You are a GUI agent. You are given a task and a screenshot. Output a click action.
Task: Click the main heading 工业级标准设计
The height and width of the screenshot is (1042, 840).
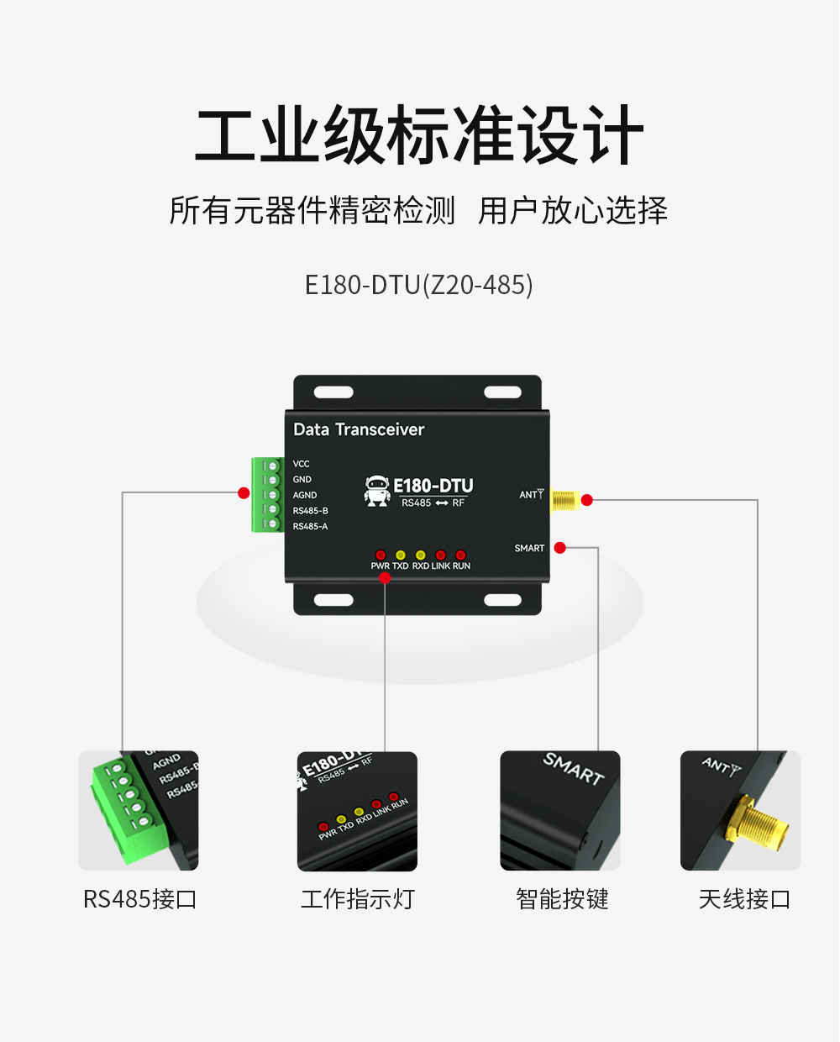(419, 136)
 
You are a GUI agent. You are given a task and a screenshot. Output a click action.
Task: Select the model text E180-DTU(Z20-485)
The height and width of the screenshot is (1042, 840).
(418, 285)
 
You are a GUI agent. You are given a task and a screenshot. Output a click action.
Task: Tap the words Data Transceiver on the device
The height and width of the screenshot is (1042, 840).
(359, 429)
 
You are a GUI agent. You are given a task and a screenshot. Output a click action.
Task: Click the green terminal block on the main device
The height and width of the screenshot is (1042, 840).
(267, 495)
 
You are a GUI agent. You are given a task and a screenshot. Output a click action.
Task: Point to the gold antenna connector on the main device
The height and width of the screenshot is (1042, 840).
(564, 501)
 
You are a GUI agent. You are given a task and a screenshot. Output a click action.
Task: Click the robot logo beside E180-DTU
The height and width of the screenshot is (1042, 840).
(377, 491)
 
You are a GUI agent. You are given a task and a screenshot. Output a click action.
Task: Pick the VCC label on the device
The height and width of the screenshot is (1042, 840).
(301, 464)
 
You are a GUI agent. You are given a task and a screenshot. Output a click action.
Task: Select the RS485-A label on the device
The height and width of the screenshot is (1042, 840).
(310, 527)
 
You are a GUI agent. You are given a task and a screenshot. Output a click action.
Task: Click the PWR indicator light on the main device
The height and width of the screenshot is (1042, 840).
(380, 555)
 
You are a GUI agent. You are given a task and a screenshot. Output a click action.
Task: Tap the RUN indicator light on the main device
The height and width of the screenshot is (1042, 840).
(460, 555)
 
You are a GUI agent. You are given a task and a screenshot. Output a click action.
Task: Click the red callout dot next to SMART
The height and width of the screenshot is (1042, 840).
(560, 548)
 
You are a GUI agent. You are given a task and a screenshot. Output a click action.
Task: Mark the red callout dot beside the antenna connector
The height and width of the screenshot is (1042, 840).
(587, 500)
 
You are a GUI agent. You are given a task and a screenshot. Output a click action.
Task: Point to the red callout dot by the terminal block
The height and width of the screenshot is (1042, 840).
(244, 493)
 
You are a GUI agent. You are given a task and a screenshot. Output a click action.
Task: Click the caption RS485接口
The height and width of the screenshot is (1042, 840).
(139, 899)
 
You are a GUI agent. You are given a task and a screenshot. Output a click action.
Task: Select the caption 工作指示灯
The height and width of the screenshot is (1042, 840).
(358, 899)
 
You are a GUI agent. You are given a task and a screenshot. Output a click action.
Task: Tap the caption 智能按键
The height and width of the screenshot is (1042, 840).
(562, 899)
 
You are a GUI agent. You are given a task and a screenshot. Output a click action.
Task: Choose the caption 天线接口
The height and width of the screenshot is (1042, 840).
(744, 899)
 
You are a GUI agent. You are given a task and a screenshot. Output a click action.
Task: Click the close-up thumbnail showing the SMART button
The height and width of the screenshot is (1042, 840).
(559, 811)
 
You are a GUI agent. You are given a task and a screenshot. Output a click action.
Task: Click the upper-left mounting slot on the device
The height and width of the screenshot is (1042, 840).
(333, 392)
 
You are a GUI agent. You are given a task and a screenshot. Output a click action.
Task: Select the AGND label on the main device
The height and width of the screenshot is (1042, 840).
(304, 496)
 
